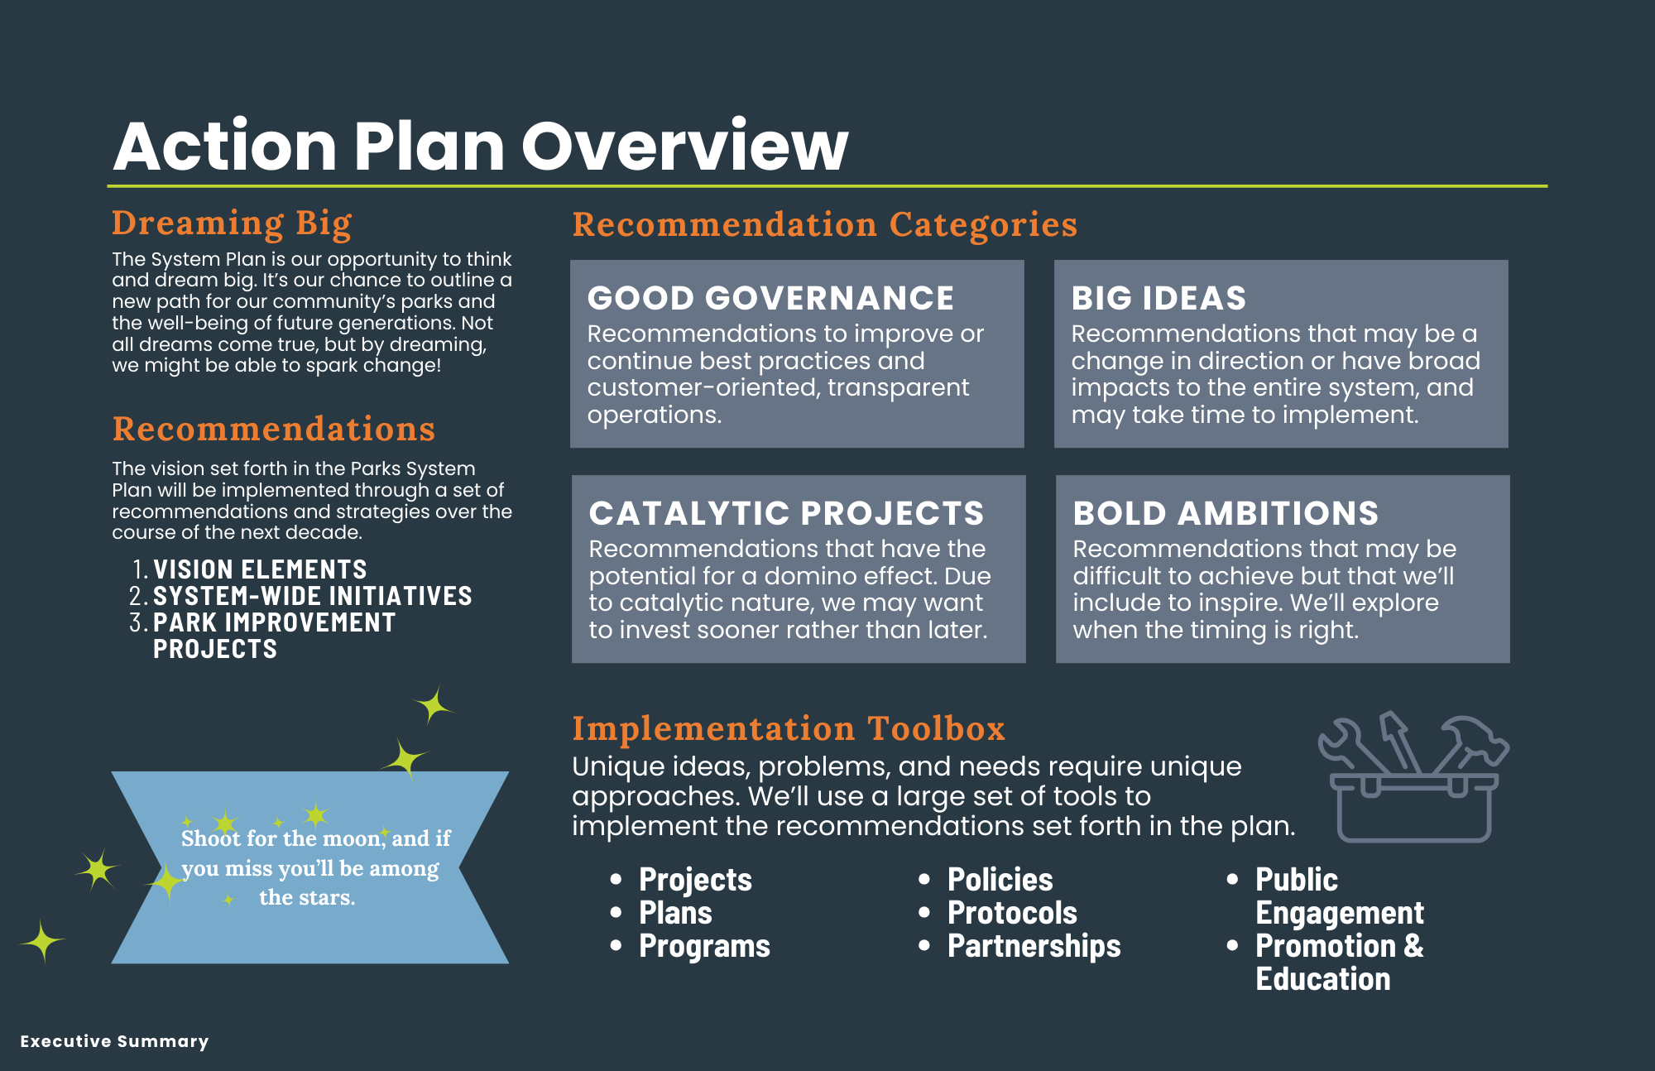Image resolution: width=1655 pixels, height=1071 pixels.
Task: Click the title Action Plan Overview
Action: [x=481, y=146]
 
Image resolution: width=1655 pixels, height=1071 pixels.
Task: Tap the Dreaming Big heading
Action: [x=232, y=223]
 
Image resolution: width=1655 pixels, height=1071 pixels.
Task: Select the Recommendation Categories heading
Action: [x=824, y=224]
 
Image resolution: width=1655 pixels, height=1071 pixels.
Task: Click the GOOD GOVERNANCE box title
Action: [x=770, y=298]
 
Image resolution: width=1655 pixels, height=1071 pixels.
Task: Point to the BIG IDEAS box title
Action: [x=1158, y=298]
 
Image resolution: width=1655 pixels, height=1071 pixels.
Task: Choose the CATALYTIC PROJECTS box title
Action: [x=786, y=513]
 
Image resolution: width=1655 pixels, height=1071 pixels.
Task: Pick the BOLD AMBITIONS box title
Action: [x=1226, y=513]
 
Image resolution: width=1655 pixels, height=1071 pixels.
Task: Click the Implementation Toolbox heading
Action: [x=788, y=728]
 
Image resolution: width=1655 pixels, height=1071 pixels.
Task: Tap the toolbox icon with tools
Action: [x=1413, y=778]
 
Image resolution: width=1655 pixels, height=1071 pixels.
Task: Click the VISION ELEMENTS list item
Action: [x=260, y=569]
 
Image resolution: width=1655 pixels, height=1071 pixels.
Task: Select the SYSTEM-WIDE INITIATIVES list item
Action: [x=312, y=596]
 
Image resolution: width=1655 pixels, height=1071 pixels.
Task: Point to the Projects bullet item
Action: [x=695, y=880]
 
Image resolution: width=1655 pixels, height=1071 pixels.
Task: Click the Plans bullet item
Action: [x=675, y=913]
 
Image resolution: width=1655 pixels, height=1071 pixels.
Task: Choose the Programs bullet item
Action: [x=704, y=946]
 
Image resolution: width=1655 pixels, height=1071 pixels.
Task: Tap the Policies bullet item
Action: [x=1000, y=880]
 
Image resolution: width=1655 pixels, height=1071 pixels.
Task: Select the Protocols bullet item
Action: [x=1012, y=913]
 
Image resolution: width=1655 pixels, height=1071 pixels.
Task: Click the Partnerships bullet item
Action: [x=1034, y=946]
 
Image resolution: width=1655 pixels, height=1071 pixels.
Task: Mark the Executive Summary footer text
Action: [x=114, y=1041]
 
